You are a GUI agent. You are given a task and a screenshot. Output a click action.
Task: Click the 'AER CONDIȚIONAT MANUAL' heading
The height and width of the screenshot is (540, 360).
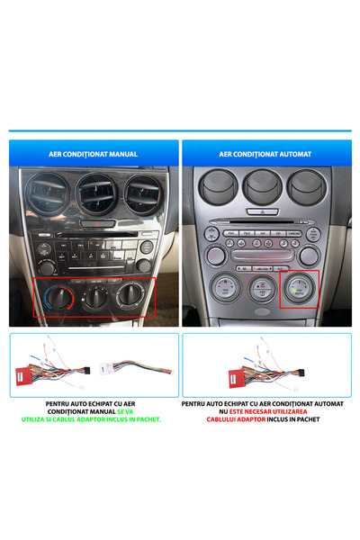(x=94, y=154)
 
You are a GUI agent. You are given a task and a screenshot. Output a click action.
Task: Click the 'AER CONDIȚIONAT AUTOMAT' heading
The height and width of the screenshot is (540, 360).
(x=265, y=154)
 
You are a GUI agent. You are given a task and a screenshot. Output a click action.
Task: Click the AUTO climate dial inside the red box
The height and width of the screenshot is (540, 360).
(x=300, y=289)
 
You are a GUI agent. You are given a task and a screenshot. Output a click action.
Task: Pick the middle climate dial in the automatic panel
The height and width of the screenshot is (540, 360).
(x=261, y=289)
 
